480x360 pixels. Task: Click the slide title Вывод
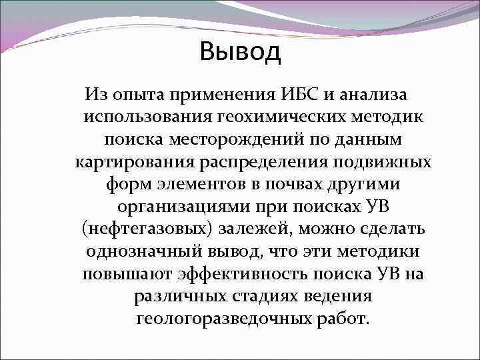click(240, 51)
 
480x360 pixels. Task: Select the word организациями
click(183, 207)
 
